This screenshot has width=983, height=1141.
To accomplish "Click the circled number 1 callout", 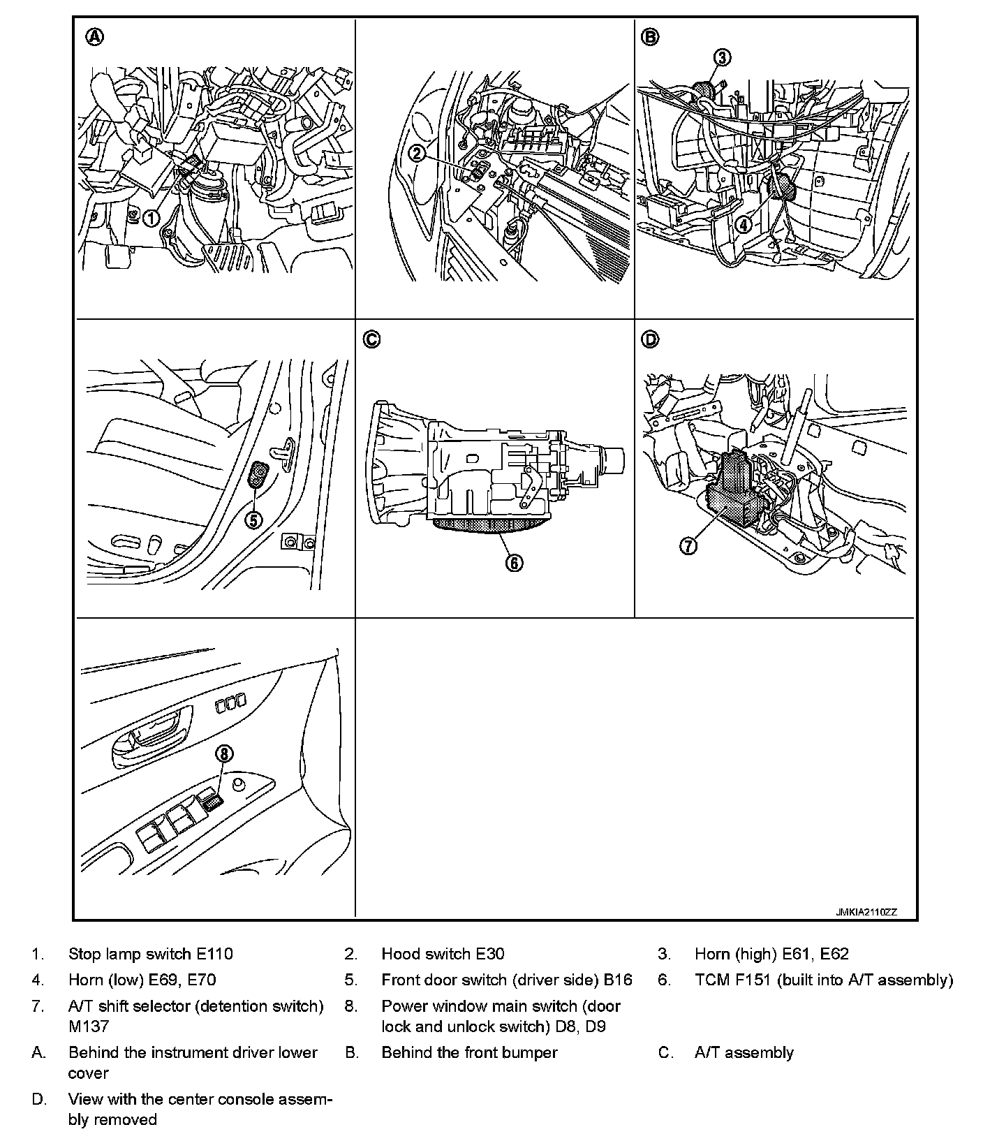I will tap(150, 219).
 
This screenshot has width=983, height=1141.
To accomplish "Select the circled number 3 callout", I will tap(722, 57).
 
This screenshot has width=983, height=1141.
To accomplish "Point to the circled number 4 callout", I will tap(743, 224).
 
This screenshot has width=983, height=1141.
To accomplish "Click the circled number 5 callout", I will tap(253, 520).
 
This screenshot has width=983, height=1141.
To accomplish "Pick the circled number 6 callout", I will tap(514, 563).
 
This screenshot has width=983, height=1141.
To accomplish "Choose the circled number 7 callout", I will tap(688, 545).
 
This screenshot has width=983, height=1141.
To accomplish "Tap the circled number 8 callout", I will tap(224, 753).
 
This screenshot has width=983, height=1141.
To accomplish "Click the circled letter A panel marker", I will tap(94, 37).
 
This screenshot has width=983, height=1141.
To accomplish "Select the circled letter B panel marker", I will tap(650, 37).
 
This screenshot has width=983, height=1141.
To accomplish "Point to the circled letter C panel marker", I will tap(371, 339).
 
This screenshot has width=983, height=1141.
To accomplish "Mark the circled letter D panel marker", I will tap(650, 339).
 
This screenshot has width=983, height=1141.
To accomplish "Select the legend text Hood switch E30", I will tap(443, 954).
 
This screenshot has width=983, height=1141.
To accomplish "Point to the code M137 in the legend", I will tap(89, 1026).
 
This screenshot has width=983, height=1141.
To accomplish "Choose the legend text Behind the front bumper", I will tap(469, 1052).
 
